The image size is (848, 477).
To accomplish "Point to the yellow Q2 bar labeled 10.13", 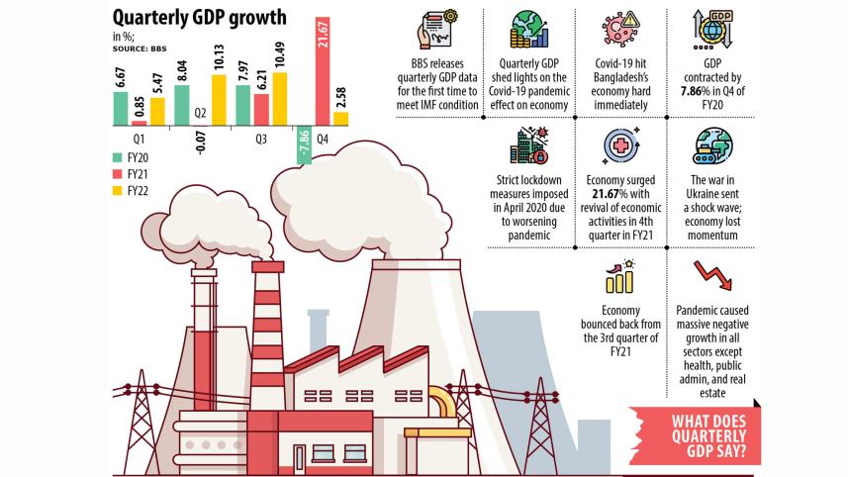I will [x=220, y=100].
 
